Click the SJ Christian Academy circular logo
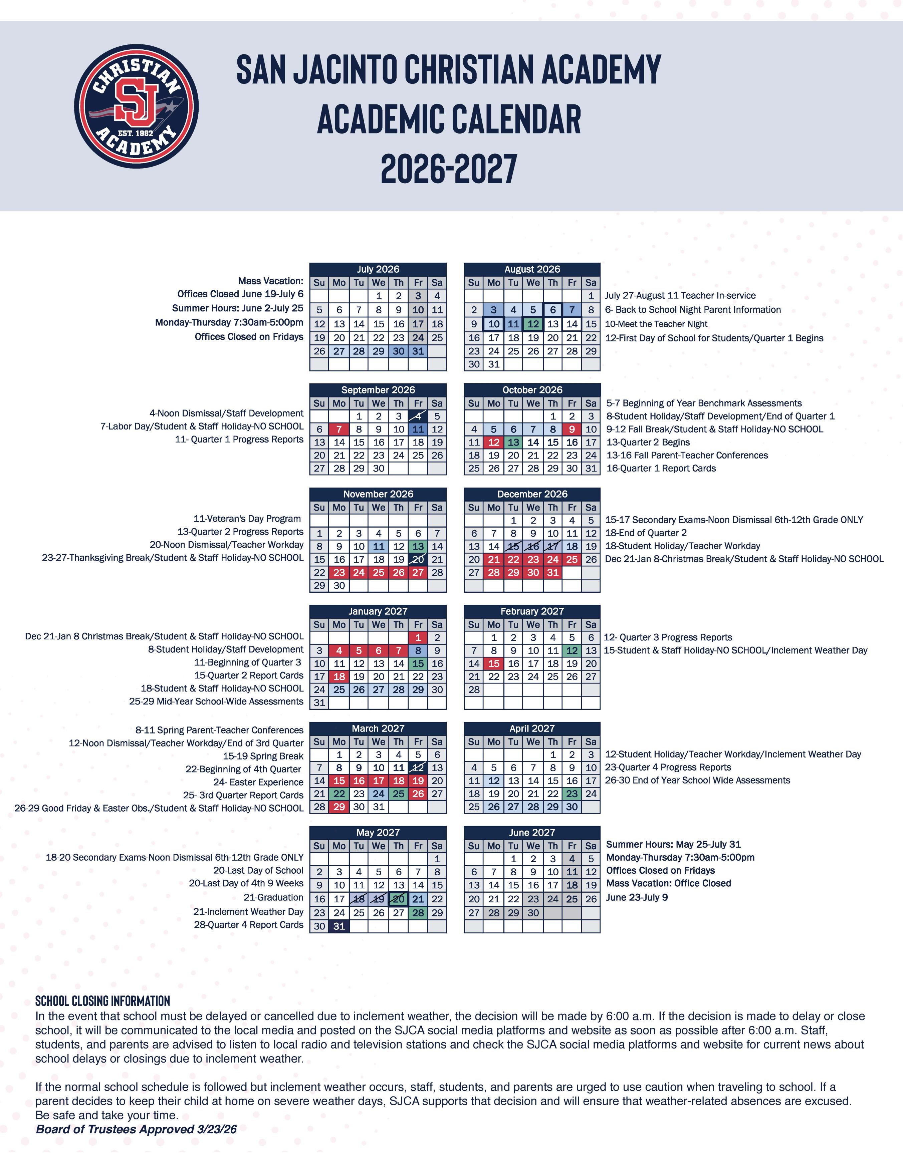pos(137,106)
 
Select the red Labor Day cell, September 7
pos(339,429)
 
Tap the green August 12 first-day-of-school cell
pos(533,324)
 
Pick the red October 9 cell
pos(572,429)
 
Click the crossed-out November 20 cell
pos(418,559)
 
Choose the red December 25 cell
pos(572,559)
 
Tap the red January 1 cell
pos(418,637)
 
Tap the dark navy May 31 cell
pos(339,926)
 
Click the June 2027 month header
pos(532,832)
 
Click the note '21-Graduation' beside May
pos(273,897)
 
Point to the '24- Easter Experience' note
pos(258,782)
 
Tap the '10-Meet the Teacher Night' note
pos(656,324)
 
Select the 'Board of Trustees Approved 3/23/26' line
pos(137,1129)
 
